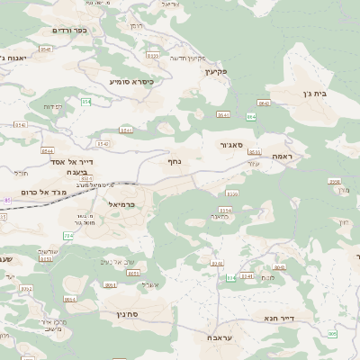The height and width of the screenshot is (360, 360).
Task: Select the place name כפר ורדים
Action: coord(68,30)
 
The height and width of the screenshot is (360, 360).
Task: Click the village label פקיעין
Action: coord(217,69)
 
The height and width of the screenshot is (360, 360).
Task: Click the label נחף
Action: coord(175,161)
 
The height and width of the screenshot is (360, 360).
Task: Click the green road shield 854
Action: coord(86,103)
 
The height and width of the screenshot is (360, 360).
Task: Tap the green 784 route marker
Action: coord(68,236)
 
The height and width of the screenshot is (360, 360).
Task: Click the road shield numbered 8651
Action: coord(133,273)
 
